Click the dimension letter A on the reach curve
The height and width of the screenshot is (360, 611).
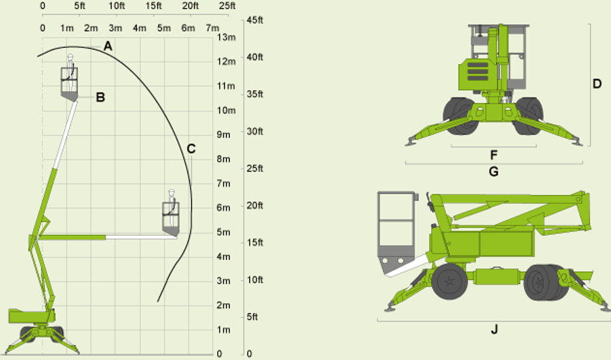[108, 46]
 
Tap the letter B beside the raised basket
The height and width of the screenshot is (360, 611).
[100, 97]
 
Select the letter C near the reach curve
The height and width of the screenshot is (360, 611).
[191, 149]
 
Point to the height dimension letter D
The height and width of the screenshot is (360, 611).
[597, 84]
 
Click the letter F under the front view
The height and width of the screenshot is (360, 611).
[493, 155]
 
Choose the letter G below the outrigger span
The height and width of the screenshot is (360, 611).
[493, 171]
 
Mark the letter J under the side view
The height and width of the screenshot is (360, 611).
[494, 329]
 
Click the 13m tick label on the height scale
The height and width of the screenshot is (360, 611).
[226, 37]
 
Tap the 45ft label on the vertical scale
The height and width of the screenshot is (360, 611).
[255, 20]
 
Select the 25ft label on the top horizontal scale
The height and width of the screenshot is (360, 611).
[227, 6]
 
